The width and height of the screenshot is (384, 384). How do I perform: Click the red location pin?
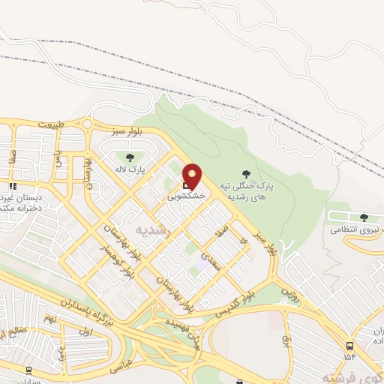tap(193, 175)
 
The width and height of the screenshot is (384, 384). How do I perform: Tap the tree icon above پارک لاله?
tap(130, 157)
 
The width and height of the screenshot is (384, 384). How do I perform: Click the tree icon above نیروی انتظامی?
tap(364, 217)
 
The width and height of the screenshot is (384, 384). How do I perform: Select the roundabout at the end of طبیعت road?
tap(88, 124)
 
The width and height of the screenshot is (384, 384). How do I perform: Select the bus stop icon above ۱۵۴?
tap(350, 345)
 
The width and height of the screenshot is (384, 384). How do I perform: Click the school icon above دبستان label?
tap(12, 185)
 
